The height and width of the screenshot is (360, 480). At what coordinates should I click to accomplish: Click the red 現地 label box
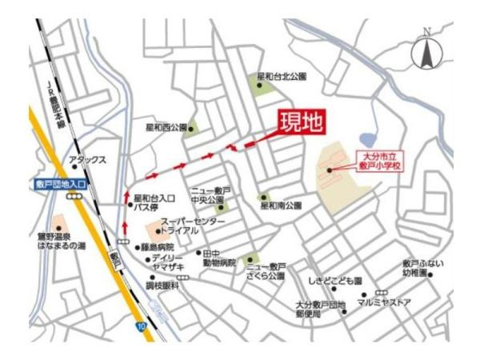tap(301, 123)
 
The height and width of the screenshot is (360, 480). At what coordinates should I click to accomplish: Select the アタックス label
tap(87, 160)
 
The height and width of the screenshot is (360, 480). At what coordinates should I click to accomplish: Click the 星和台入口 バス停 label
tap(154, 202)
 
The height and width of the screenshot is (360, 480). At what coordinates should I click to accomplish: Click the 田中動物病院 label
tap(218, 258)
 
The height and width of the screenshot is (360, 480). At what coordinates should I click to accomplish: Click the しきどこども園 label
tap(335, 282)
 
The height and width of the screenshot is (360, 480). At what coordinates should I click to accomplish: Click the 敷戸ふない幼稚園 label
tap(423, 267)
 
